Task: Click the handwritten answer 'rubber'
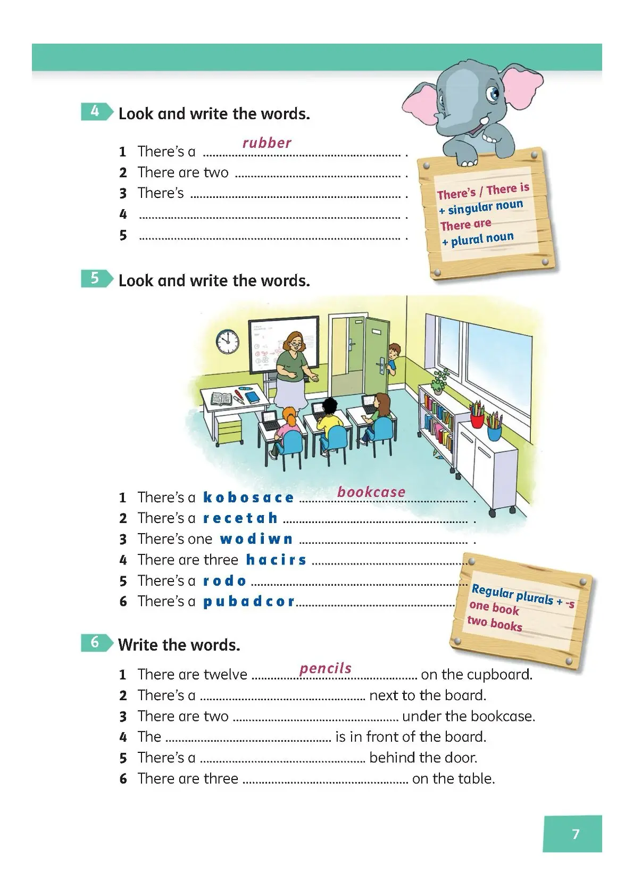click(x=266, y=143)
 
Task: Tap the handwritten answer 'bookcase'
click(x=371, y=492)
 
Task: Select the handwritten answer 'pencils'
click(x=326, y=668)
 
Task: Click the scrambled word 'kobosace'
click(x=248, y=497)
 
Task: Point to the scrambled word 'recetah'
click(x=240, y=518)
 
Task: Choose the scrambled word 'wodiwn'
click(x=256, y=539)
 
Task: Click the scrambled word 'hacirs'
click(x=276, y=560)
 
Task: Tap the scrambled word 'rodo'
click(x=225, y=580)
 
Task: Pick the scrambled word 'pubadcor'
click(x=249, y=601)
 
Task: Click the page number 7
click(x=575, y=834)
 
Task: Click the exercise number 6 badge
click(x=95, y=643)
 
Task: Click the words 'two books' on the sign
click(x=495, y=624)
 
